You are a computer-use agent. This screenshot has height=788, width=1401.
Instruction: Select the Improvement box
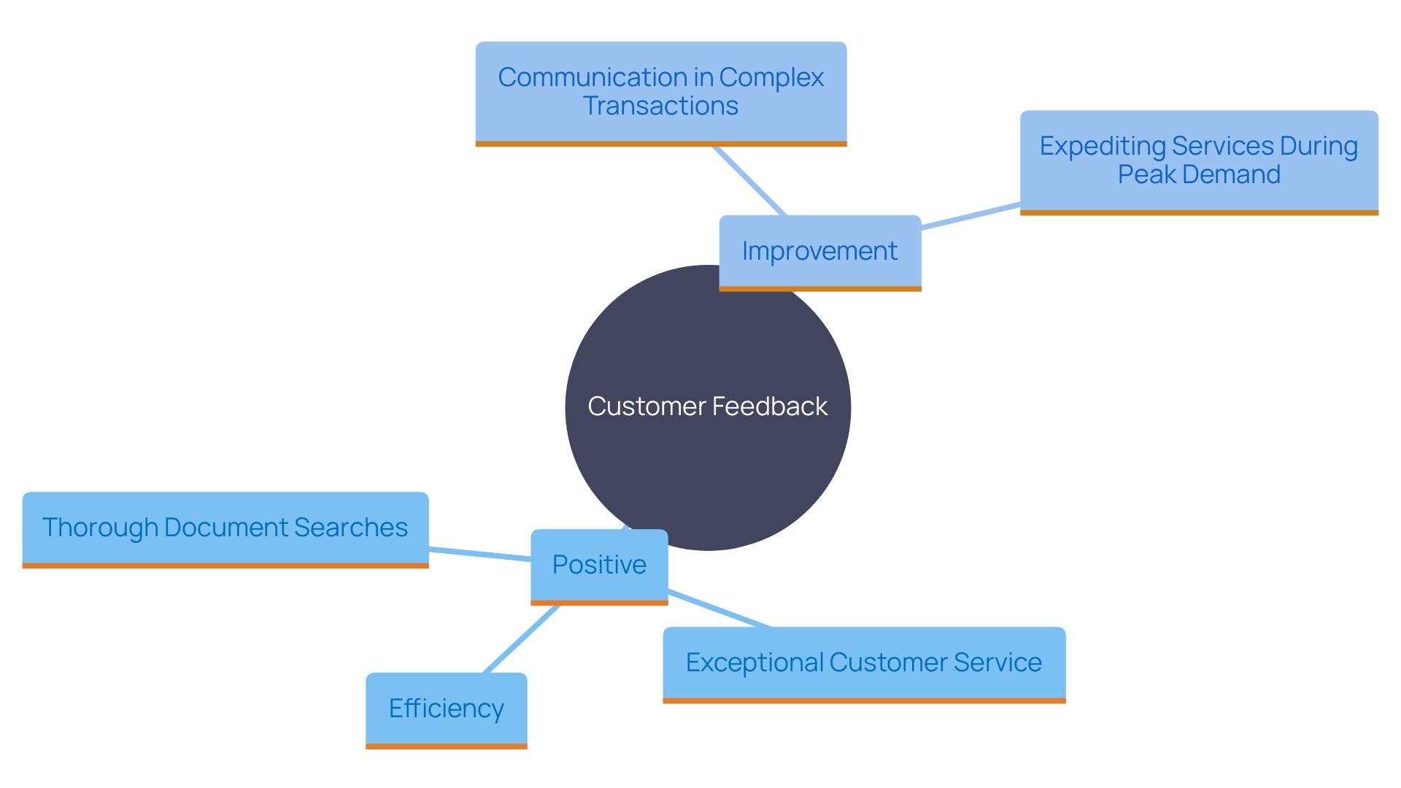819,252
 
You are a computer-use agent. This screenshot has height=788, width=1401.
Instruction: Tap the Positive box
599,565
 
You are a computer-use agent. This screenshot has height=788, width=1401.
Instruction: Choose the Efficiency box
446,709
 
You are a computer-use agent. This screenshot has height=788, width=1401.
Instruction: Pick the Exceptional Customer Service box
863,663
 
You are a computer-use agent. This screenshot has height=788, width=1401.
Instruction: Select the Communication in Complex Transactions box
660,92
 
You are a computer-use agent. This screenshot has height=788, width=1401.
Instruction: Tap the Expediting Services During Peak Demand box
1198,161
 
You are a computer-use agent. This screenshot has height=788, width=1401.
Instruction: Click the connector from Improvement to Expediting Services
970,217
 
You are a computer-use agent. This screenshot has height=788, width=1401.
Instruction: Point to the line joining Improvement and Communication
749,180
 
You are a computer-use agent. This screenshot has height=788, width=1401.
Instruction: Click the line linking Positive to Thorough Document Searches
479,554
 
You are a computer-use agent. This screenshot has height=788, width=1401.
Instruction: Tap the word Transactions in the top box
660,107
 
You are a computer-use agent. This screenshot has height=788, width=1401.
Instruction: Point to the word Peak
1146,175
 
